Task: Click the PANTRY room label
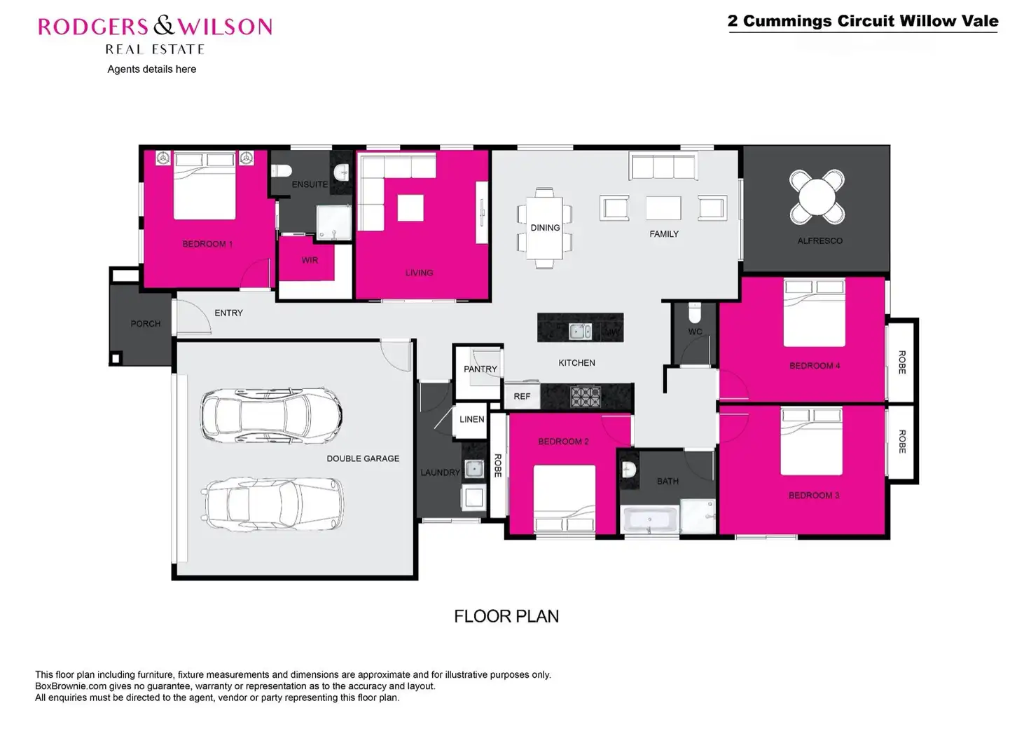tap(480, 369)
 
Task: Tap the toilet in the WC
tap(694, 311)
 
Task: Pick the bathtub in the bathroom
tap(651, 520)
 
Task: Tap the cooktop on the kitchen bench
tap(586, 397)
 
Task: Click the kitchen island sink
tap(579, 331)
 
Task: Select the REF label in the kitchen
tap(522, 396)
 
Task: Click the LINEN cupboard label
tap(471, 419)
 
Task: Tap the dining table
tap(545, 228)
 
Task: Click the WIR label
tap(310, 260)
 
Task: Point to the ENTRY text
tap(228, 313)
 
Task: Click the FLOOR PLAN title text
tap(506, 616)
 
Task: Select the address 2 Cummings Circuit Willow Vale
tap(863, 21)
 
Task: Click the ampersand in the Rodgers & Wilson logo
tap(163, 27)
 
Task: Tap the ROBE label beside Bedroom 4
tap(902, 362)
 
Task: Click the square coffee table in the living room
tap(410, 207)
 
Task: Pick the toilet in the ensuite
tap(282, 170)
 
